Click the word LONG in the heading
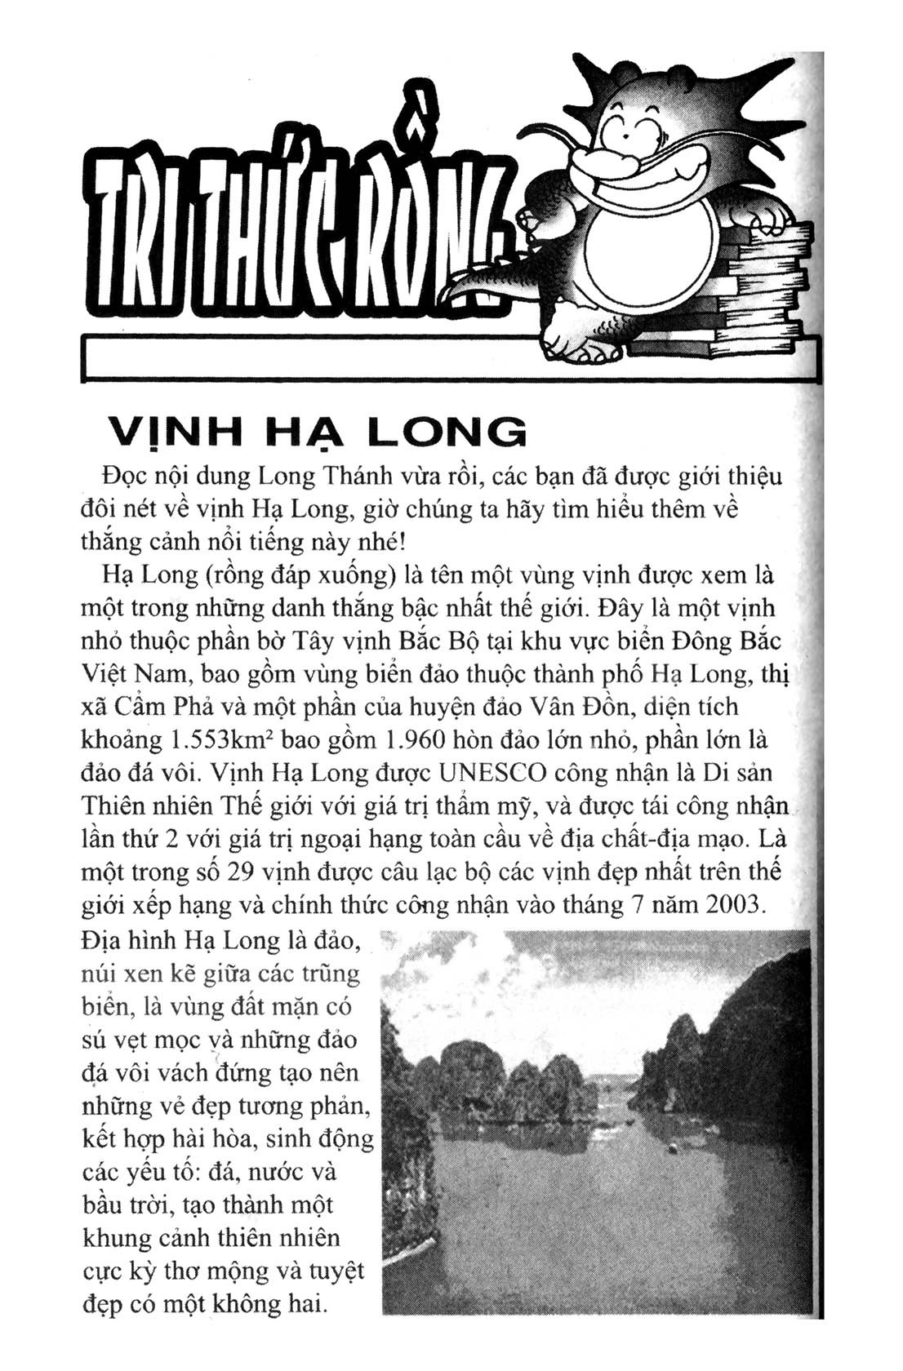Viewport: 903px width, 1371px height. tap(446, 432)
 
